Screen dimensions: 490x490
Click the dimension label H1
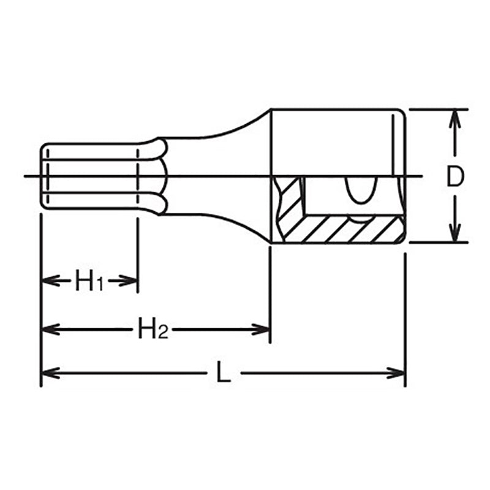pos(89,281)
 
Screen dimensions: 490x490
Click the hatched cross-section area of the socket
pos(343,229)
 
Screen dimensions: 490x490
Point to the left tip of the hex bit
pos(42,176)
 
